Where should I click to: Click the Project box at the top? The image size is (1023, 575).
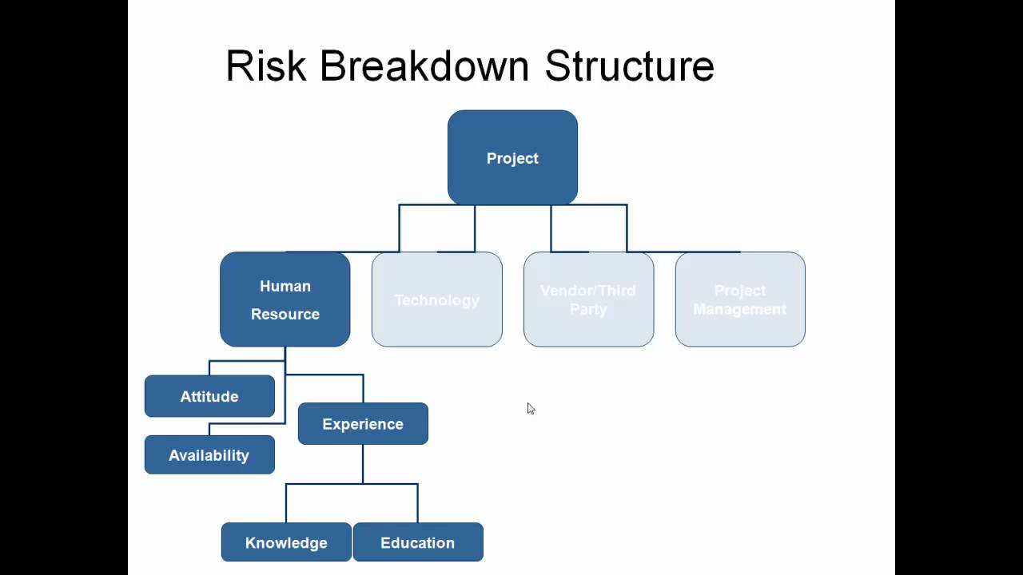click(512, 157)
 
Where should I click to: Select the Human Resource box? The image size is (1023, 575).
click(285, 299)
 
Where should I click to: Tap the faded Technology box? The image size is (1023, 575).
click(436, 299)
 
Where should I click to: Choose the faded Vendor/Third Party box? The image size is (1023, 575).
click(588, 299)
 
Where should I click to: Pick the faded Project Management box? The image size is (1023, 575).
click(740, 299)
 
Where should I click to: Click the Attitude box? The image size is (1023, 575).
click(209, 396)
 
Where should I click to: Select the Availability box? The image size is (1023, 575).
click(209, 454)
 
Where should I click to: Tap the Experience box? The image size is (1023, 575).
click(363, 423)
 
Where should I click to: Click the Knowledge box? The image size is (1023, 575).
click(286, 542)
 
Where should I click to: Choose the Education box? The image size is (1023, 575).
click(418, 542)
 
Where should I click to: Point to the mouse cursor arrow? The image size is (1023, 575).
click(531, 408)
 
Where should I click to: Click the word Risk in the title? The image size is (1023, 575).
click(266, 65)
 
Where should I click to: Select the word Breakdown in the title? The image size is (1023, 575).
click(424, 65)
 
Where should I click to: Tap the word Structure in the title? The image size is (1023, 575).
click(629, 65)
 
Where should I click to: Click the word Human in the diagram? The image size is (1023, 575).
click(285, 286)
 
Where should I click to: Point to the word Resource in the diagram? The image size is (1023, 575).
click(285, 314)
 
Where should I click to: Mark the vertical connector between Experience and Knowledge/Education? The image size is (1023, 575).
click(363, 464)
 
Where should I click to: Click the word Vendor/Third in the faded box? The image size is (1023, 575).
click(588, 290)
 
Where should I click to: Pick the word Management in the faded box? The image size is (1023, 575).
click(740, 309)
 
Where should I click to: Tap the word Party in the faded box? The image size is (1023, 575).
click(588, 309)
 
